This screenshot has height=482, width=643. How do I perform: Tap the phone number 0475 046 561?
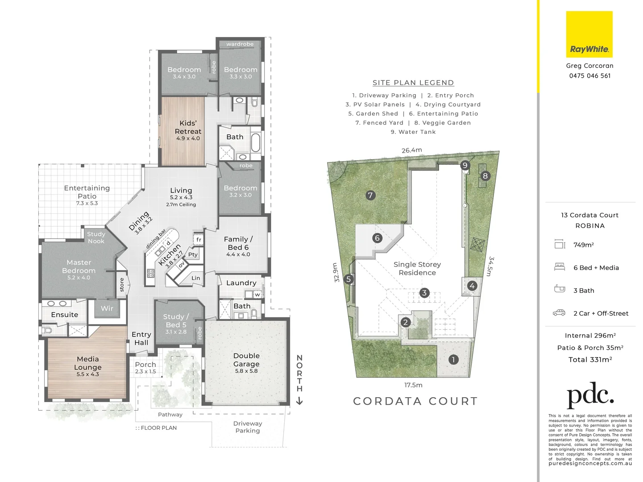tap(589, 76)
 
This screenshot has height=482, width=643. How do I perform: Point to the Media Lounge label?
tap(87, 366)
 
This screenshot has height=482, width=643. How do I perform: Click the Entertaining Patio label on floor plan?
tap(87, 195)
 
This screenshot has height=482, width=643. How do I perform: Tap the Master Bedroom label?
tap(79, 269)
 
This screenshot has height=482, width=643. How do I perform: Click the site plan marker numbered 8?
tap(485, 176)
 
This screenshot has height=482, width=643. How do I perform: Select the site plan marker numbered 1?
tap(453, 360)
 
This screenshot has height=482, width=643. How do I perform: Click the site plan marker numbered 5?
tap(349, 280)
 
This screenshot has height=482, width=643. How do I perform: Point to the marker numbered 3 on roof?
tap(424, 293)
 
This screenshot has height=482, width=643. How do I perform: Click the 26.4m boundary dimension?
tap(411, 150)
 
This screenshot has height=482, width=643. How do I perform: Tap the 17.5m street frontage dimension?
tap(413, 385)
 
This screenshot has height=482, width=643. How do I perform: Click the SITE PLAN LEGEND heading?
tap(413, 83)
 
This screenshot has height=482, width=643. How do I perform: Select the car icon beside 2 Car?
tap(559, 313)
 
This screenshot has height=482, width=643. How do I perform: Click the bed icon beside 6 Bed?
tap(559, 267)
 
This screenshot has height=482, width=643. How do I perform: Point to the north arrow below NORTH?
tap(299, 401)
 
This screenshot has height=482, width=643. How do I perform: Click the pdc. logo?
tap(590, 395)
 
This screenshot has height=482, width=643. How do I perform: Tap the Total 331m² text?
tap(590, 360)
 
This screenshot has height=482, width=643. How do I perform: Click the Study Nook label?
tap(96, 237)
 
